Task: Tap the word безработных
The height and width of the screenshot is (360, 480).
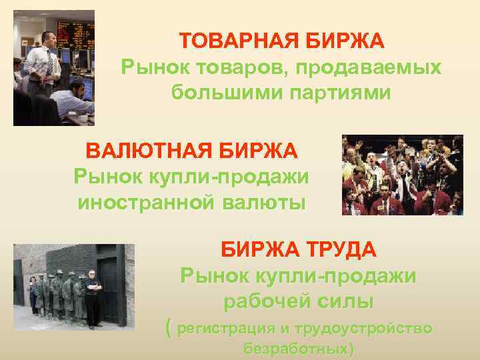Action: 297,349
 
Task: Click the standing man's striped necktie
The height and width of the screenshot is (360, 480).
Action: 49,60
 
